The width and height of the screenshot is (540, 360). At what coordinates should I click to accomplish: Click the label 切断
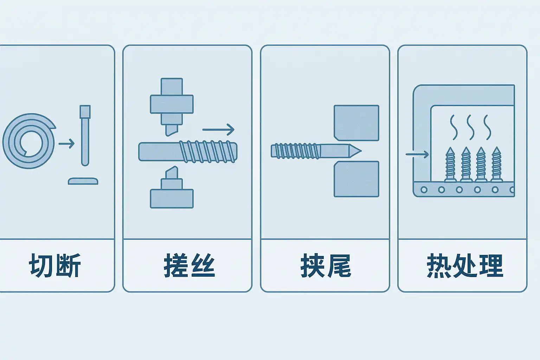coord(55,265)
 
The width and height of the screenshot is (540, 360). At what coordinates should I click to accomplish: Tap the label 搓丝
coord(189,265)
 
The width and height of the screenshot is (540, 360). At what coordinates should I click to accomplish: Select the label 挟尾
coord(326,265)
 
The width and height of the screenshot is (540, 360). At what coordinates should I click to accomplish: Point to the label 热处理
coord(464,265)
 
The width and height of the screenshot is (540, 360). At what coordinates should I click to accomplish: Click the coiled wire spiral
coord(28,141)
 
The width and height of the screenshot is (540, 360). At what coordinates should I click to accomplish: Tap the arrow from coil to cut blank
coord(67,143)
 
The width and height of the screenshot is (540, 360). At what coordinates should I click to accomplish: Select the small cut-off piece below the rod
coord(83,181)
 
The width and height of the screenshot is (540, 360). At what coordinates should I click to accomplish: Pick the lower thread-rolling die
coord(172,192)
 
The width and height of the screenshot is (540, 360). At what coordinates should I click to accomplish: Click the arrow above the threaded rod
coord(218,129)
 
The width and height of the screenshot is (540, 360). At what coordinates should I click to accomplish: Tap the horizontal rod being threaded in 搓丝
coord(188,152)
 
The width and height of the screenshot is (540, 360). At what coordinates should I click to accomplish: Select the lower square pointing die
coord(356,179)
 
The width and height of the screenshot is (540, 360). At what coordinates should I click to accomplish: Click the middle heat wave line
coord(470,127)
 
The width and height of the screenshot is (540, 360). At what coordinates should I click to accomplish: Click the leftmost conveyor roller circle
coord(424,190)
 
